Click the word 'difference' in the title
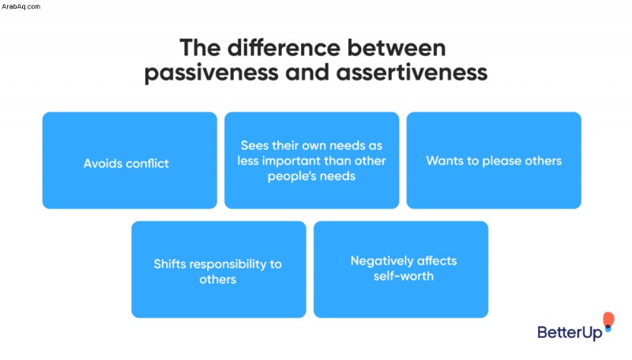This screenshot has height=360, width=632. click(x=284, y=47)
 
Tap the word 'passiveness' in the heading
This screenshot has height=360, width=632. click(x=211, y=73)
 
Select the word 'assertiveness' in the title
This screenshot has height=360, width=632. click(x=412, y=73)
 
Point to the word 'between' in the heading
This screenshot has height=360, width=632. click(x=397, y=47)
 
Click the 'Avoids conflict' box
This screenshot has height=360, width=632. click(x=130, y=160)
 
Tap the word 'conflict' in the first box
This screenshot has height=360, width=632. click(x=148, y=163)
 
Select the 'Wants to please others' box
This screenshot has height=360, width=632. click(x=494, y=160)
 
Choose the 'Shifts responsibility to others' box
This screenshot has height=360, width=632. click(x=219, y=269)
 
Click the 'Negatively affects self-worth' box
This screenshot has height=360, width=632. click(x=401, y=269)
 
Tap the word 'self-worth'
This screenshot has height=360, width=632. click(x=404, y=276)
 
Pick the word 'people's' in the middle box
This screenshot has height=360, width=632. click(x=290, y=176)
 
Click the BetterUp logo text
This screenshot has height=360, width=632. click(x=570, y=332)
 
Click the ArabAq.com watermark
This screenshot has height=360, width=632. click(x=21, y=6)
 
